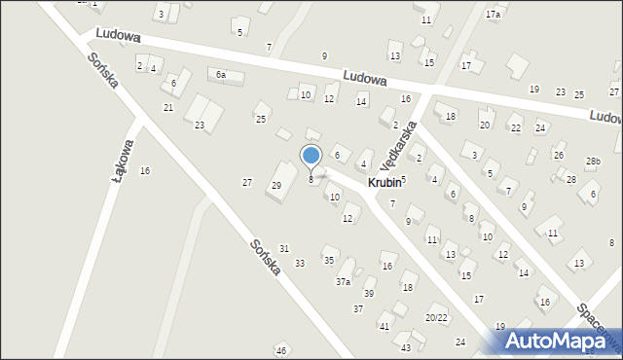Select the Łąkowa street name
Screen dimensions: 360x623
pos(124,160)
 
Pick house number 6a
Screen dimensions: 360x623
pos(221,75)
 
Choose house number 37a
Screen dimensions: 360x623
pos(343,281)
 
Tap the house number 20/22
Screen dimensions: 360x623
pos(436,318)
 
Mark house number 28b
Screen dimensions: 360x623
pos(593,162)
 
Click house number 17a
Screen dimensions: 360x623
pos(493,15)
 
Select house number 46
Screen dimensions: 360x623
pos(281,350)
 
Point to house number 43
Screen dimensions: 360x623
pos(406,347)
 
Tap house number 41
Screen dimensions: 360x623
pos(385,327)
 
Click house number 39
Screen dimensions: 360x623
pos(369,293)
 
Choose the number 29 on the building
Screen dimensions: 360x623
pos(276,186)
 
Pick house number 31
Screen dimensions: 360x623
pos(284,249)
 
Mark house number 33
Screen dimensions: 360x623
pos(300,263)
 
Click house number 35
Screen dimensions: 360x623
pos(329,260)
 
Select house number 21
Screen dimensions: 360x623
pos(168,107)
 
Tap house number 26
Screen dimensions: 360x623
pos(558,156)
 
